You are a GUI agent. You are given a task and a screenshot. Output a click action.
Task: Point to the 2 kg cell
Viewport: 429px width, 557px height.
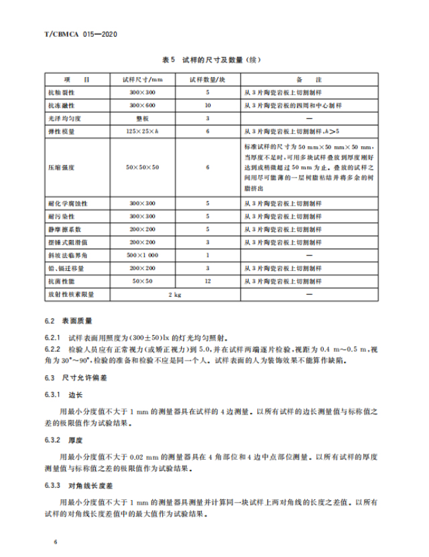(175, 294)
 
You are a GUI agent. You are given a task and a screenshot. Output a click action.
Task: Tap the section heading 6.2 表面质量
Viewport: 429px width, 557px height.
(72, 321)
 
